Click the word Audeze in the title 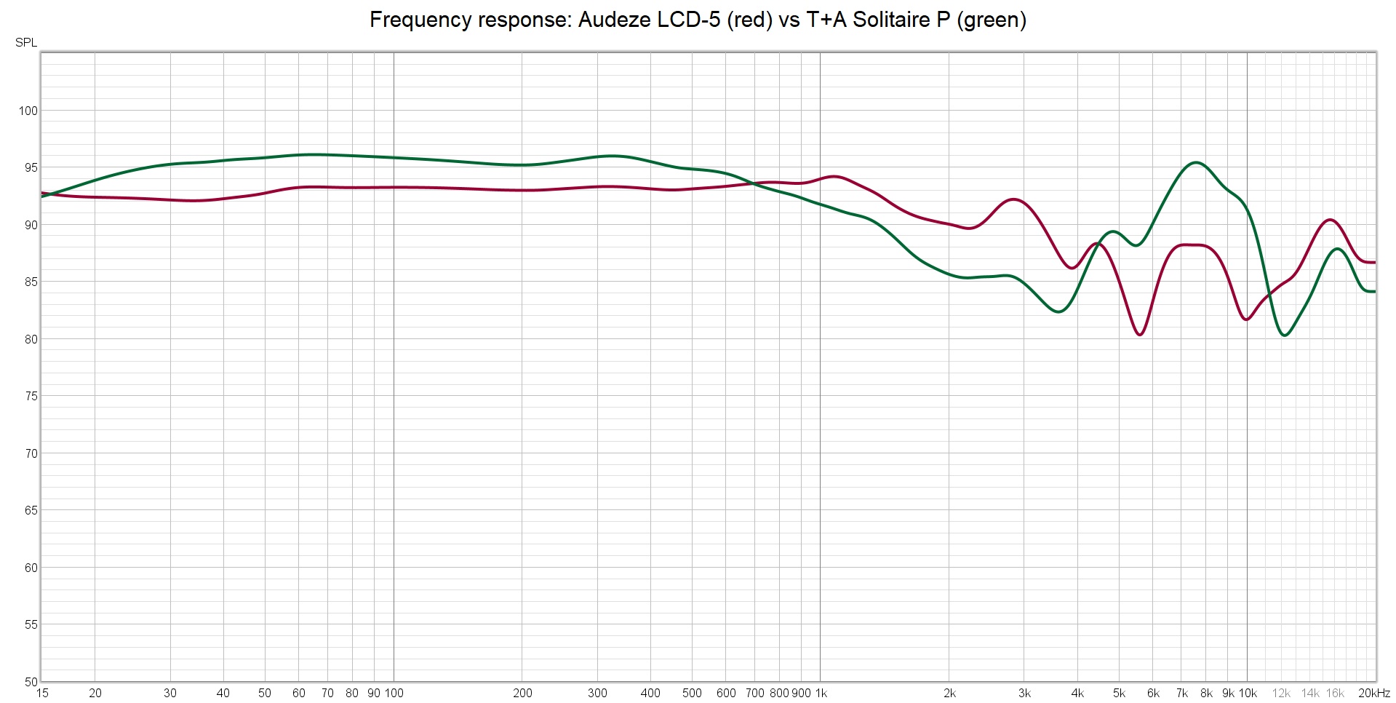[x=615, y=20]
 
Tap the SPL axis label [x=26, y=43]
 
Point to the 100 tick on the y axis [x=28, y=111]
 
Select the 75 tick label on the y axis [x=31, y=397]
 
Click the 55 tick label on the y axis [x=31, y=625]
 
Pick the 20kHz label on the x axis [x=1373, y=694]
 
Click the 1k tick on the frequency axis [x=821, y=694]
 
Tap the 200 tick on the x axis [x=522, y=694]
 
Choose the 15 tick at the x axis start [x=42, y=694]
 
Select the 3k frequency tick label [x=1024, y=694]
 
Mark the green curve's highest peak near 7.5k [x=1196, y=162]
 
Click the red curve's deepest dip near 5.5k [x=1140, y=335]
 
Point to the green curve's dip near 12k [x=1285, y=335]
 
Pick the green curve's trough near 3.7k [x=1059, y=312]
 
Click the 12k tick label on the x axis [x=1281, y=694]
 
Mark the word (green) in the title [x=992, y=20]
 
